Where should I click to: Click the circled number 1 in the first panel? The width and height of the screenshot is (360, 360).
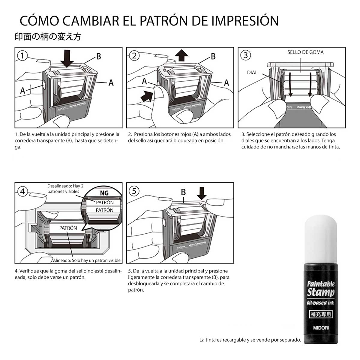22,55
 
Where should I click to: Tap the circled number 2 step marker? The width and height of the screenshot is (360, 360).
134,55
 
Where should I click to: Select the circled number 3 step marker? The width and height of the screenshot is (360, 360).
245,55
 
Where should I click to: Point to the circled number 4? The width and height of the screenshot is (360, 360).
22,191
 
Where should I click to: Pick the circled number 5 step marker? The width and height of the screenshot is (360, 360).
134,191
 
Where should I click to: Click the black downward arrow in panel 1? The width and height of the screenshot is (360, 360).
67,59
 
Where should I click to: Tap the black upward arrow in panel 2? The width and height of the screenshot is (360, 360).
181,55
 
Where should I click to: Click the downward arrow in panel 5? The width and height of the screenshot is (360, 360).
202,193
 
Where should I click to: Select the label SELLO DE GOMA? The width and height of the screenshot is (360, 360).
305,52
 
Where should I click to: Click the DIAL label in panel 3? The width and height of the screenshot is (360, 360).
252,73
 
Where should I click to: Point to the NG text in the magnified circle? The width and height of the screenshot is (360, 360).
104,193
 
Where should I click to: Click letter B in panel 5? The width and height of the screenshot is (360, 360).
183,192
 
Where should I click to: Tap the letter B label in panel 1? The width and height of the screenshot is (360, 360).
99,56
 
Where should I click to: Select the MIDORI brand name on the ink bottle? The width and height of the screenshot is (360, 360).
321,328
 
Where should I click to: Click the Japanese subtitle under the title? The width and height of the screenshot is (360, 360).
48,37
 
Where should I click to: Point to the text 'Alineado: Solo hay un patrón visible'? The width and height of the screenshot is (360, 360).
87,260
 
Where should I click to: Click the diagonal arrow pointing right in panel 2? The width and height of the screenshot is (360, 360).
147,96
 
